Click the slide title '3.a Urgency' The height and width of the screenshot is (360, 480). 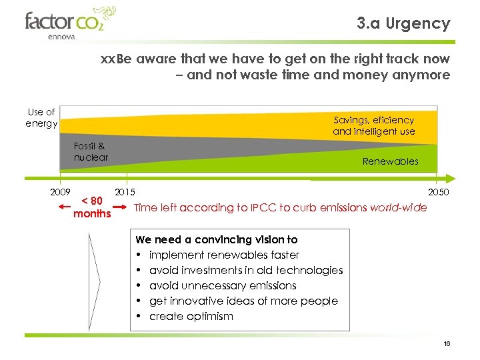click(403, 24)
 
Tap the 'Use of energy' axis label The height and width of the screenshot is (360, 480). click(41, 118)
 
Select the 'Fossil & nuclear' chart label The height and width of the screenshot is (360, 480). click(91, 151)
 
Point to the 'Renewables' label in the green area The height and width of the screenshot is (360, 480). click(390, 161)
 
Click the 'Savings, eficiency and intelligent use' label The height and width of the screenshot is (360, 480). click(373, 125)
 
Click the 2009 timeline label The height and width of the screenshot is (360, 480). click(60, 193)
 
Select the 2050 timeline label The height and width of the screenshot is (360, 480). click(438, 193)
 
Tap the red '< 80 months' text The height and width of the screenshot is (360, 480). click(92, 207)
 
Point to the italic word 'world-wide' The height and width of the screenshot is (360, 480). click(397, 207)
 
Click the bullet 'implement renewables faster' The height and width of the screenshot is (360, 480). click(224, 255)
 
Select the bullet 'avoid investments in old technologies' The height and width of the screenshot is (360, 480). click(245, 270)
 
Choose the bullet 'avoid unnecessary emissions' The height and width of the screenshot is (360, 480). click(223, 285)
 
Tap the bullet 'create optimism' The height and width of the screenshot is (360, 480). click(191, 316)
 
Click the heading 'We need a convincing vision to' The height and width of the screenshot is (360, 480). click(217, 239)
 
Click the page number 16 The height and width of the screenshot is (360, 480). click(447, 343)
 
